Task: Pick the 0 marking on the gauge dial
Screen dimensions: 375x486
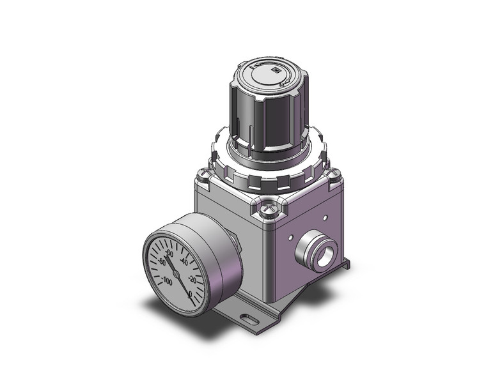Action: (191, 295)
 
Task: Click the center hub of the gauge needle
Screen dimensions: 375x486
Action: (176, 273)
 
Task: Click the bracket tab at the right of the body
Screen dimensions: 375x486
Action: (345, 263)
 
